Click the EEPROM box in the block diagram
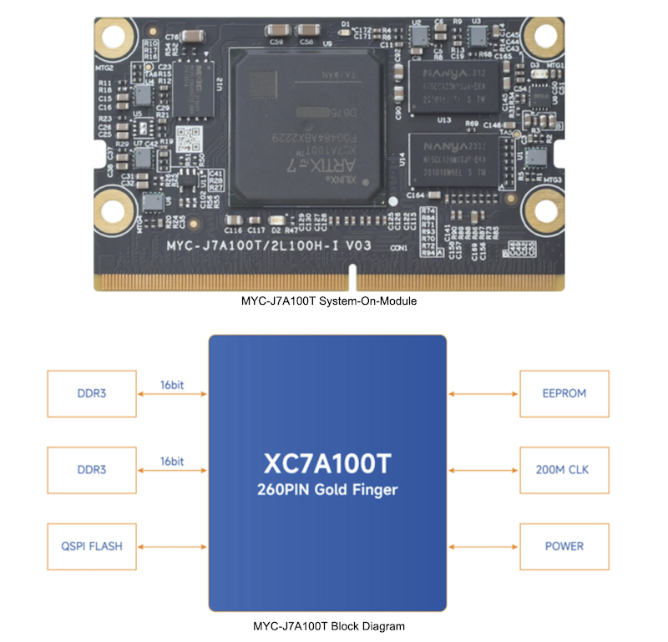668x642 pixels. point(564,392)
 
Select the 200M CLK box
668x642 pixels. point(564,469)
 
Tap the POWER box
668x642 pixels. point(564,546)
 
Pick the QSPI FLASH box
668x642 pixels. point(92,546)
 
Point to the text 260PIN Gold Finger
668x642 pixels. point(327,490)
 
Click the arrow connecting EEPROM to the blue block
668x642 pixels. point(483,392)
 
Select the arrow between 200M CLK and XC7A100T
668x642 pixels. point(483,469)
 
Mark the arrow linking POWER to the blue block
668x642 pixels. point(483,546)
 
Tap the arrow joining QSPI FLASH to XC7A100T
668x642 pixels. point(171,546)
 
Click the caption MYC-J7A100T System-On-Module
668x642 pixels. point(328,301)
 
